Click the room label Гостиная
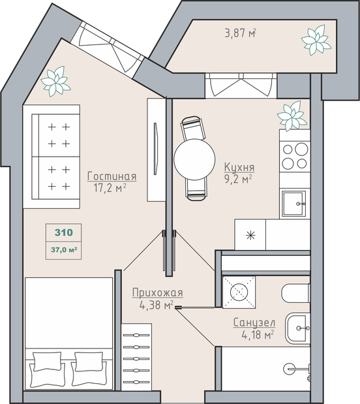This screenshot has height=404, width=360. tap(112, 176)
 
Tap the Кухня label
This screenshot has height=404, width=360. tap(239, 167)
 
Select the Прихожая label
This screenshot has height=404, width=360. tap(158, 292)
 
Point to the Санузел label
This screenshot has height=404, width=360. tap(254, 322)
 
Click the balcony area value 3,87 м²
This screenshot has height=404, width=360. tap(240, 33)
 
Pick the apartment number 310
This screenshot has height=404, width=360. tap(64, 232)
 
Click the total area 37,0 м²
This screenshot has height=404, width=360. tap(64, 250)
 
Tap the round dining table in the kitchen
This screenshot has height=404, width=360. tap(194, 159)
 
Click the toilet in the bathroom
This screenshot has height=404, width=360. tap(296, 293)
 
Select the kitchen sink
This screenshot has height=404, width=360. tap(294, 204)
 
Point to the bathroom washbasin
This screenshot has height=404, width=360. tap(297, 328)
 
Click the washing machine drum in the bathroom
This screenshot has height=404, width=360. tap(239, 292)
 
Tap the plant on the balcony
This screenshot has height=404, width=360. tap(316, 40)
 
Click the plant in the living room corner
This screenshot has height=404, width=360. tap(55, 81)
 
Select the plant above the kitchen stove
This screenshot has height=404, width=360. tap(292, 116)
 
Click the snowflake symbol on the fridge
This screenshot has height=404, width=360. tap(250, 235)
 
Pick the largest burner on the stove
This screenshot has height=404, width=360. tap(301, 149)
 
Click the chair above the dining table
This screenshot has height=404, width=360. tap(194, 128)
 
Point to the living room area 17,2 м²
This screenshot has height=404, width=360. tap(110, 188)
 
